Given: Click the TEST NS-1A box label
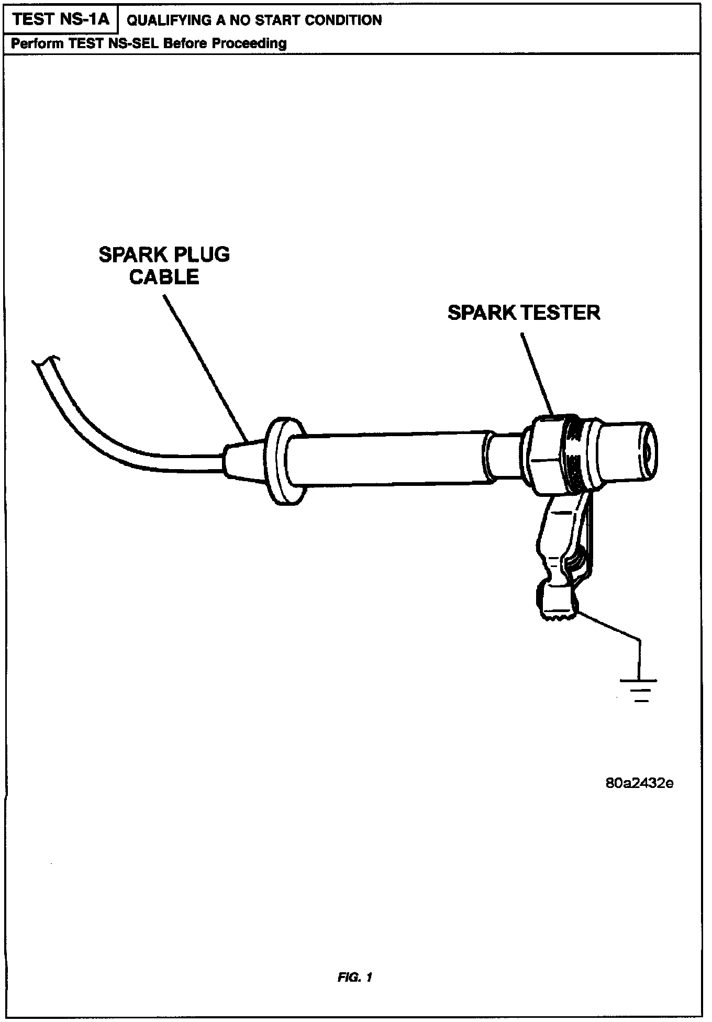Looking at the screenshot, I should click(61, 19).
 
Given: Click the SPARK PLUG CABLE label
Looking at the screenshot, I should click(164, 265).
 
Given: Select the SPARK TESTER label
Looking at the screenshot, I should click(524, 313).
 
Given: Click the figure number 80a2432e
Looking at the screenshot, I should click(639, 784).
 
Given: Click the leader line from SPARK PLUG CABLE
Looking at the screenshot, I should click(204, 366).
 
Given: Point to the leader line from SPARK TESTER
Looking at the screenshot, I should click(537, 372).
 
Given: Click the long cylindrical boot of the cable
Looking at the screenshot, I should click(387, 459).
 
